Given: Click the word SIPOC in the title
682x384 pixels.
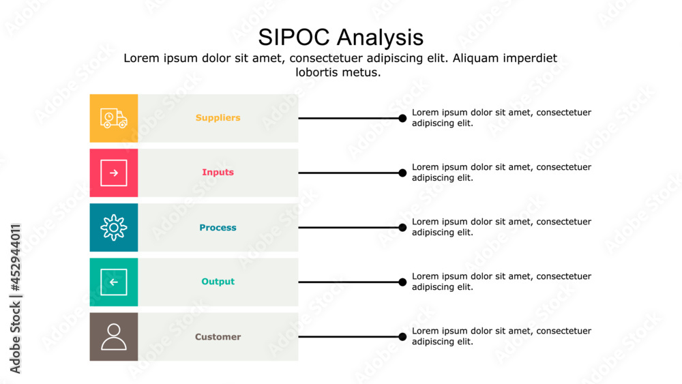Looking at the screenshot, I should tap(294, 37).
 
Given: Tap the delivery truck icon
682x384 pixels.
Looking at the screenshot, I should tap(114, 118).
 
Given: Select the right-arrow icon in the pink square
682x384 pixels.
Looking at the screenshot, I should tap(114, 173).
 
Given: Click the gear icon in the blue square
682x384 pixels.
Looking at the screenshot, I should tap(114, 227).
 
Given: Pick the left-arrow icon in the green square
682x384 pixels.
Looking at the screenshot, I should tap(114, 282).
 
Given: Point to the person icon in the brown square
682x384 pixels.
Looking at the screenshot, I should tap(114, 336).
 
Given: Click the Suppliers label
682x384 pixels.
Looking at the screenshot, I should tap(218, 118).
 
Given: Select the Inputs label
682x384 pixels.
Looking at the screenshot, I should tap(218, 173).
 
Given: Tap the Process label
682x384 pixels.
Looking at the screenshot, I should tap(218, 228).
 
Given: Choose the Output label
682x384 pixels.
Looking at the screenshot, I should tap(218, 282).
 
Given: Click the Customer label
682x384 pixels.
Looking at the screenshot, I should tap(218, 337).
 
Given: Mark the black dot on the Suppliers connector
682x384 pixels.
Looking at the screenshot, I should tap(402, 118).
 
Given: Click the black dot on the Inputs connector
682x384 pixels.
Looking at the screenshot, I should tap(402, 173).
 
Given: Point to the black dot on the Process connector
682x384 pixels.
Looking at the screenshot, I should tap(402, 227).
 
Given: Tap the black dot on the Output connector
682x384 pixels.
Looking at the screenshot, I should tap(402, 282).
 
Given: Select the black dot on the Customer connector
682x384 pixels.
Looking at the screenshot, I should tap(402, 336).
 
